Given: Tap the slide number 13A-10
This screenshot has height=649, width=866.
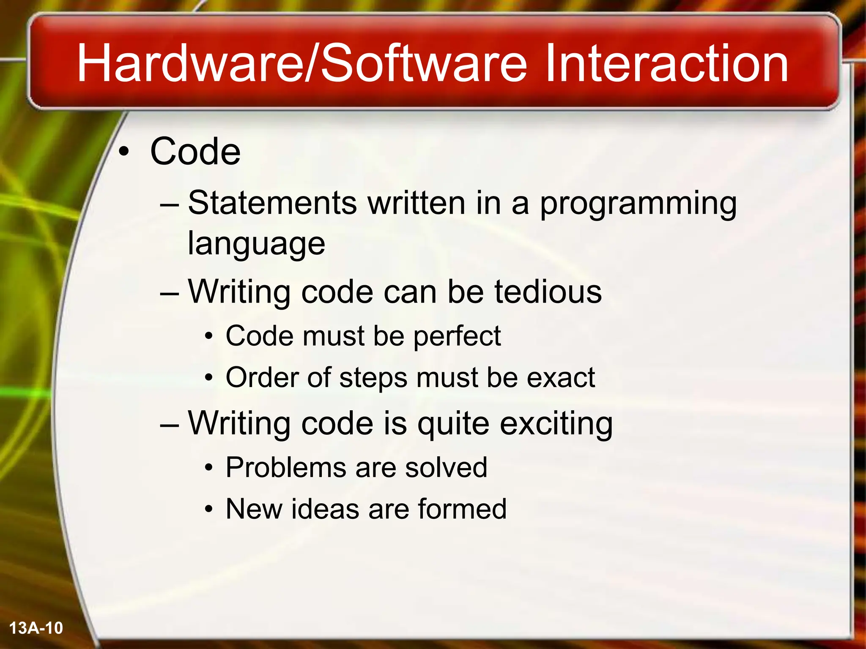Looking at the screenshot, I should click(x=36, y=628).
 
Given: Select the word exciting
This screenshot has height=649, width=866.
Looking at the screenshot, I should click(x=556, y=424).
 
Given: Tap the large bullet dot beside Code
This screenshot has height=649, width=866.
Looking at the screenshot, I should click(x=123, y=152).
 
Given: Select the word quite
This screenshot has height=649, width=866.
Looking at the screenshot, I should click(x=453, y=424).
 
